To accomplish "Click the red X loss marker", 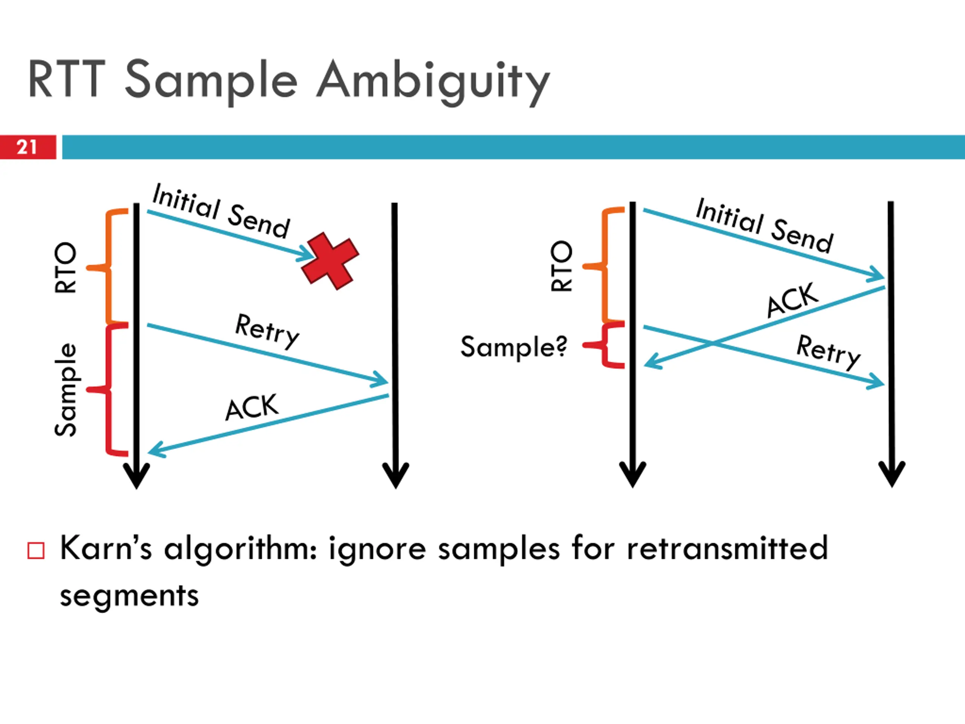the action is coord(330,261).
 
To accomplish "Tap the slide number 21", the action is coord(27,147).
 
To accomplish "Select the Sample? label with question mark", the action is coord(514,347).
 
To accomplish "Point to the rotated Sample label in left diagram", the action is coord(66,390).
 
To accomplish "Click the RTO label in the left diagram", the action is coord(66,267).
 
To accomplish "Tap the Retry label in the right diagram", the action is coord(829,352).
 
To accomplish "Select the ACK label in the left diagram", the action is coord(252,407).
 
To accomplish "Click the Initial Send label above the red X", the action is coord(221,211).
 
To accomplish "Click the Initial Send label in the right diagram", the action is coord(764,225).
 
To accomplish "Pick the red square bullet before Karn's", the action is coord(36,550).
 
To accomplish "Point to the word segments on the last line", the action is coord(129,596).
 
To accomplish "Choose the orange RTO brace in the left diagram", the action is coord(107,267).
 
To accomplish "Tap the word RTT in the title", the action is coord(67,80).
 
